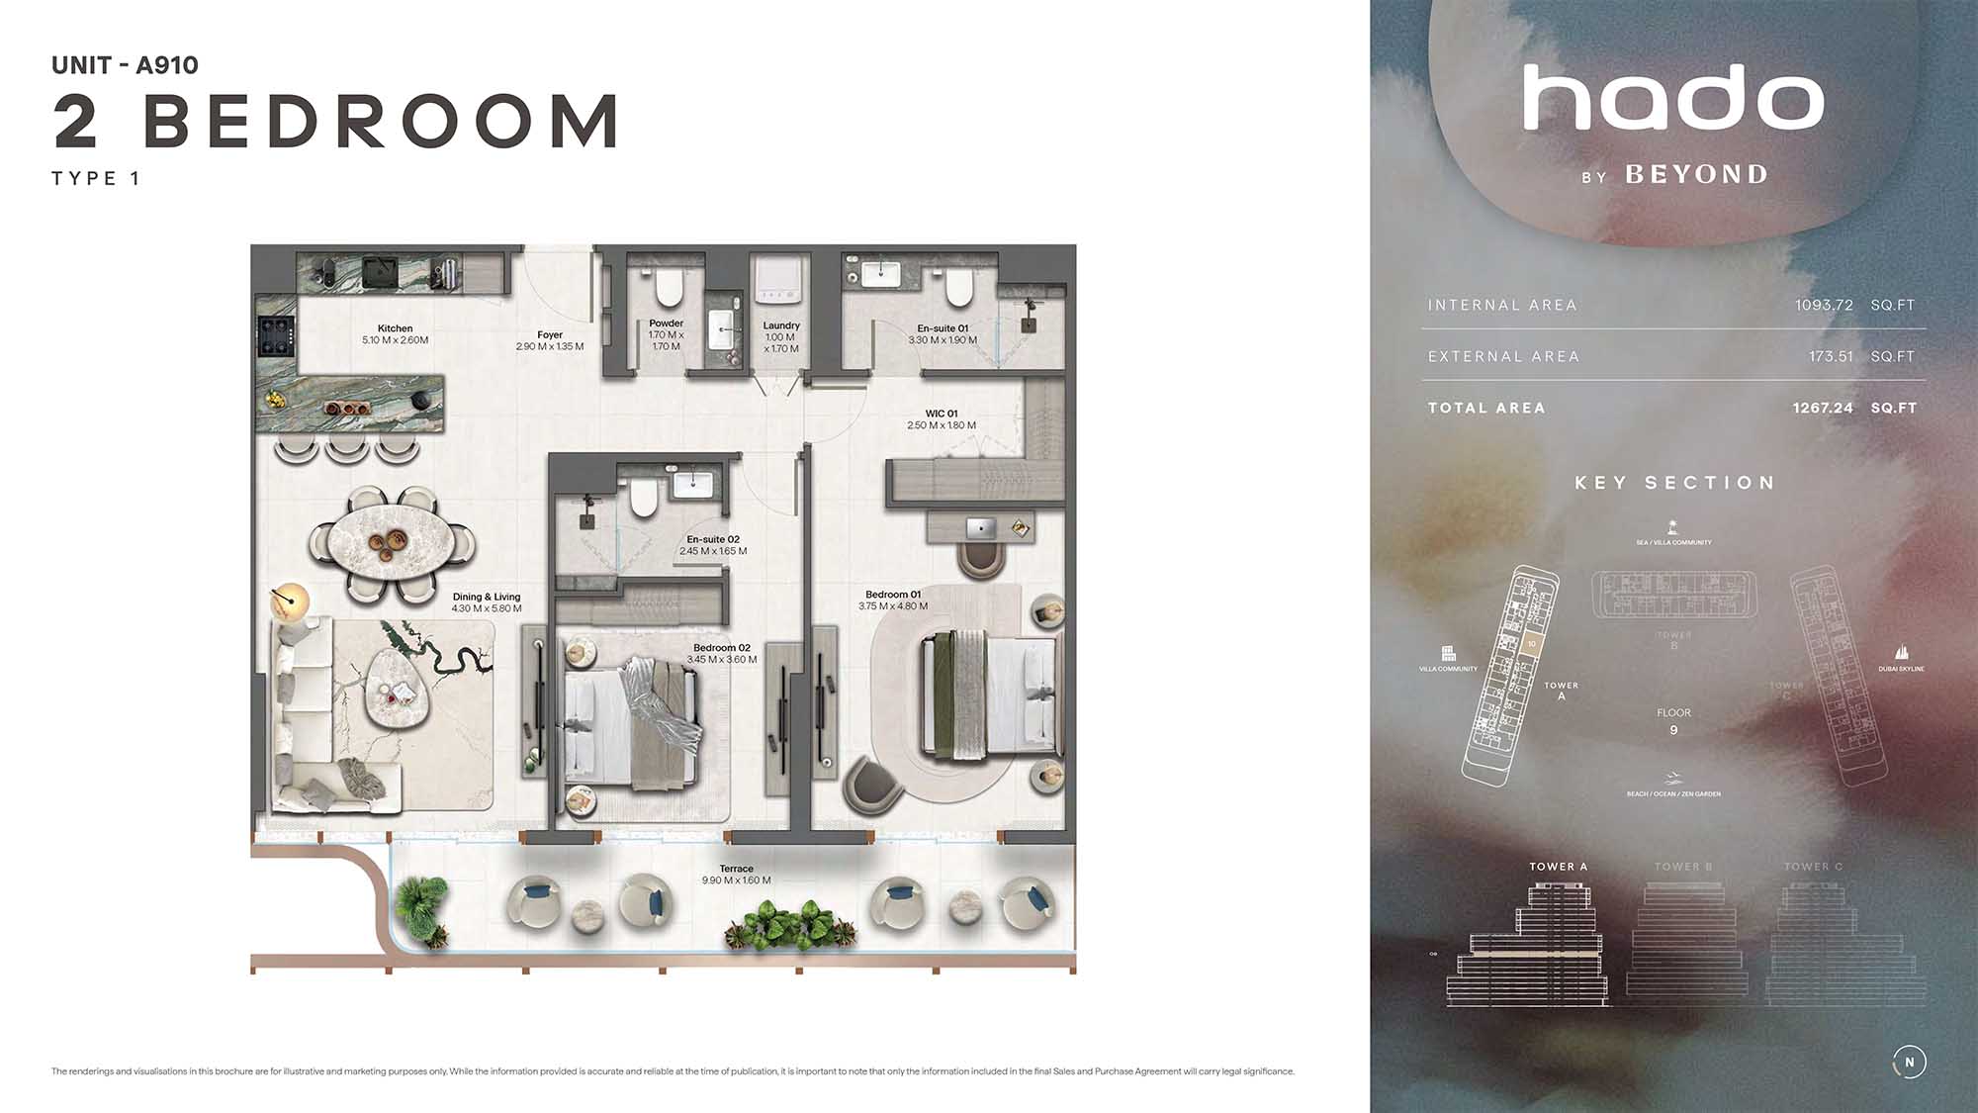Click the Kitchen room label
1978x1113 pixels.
point(395,328)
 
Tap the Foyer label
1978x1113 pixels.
point(550,335)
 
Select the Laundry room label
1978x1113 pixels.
point(781,325)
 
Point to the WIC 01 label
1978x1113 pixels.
point(942,414)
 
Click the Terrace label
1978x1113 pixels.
point(737,869)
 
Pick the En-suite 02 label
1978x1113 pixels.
point(713,539)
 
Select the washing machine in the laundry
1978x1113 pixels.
point(776,281)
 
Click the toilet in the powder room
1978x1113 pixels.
point(669,287)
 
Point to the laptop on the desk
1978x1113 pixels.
point(981,527)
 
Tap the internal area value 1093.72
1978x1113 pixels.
point(1824,305)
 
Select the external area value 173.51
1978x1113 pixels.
point(1831,356)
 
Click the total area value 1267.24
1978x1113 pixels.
point(1823,408)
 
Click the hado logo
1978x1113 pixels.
point(1673,99)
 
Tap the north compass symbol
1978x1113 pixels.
point(1909,1062)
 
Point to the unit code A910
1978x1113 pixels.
point(167,65)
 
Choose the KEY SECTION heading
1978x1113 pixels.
point(1674,483)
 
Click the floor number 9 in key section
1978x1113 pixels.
point(1673,730)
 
